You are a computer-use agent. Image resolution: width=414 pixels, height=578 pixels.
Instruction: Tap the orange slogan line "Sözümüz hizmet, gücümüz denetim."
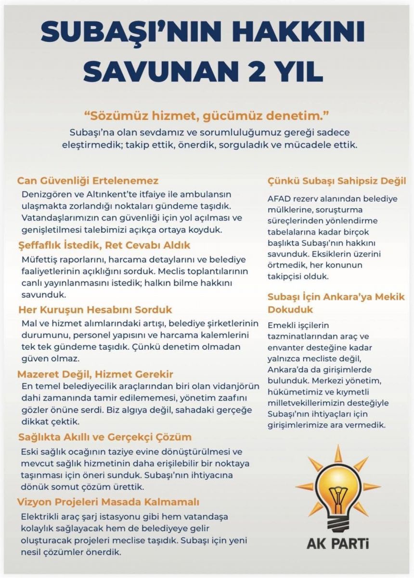[x=207, y=116]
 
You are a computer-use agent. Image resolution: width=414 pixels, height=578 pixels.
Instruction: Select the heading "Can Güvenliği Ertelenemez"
[x=88, y=181]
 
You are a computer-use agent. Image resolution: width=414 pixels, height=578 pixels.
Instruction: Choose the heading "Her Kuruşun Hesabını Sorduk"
[x=95, y=309]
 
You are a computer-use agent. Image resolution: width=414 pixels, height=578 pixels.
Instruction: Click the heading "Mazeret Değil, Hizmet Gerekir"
[x=95, y=374]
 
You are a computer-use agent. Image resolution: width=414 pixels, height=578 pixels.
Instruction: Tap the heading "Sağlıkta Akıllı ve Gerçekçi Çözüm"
[x=105, y=437]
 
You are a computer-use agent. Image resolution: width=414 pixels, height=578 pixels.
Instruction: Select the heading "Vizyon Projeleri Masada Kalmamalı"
[x=108, y=502]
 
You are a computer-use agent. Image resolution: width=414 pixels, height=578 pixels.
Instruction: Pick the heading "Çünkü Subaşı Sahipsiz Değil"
[x=336, y=181]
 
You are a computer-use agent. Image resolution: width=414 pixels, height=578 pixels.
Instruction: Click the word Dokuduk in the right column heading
[x=290, y=309]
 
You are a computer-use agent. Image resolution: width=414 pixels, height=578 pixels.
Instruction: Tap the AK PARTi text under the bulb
[x=338, y=544]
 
